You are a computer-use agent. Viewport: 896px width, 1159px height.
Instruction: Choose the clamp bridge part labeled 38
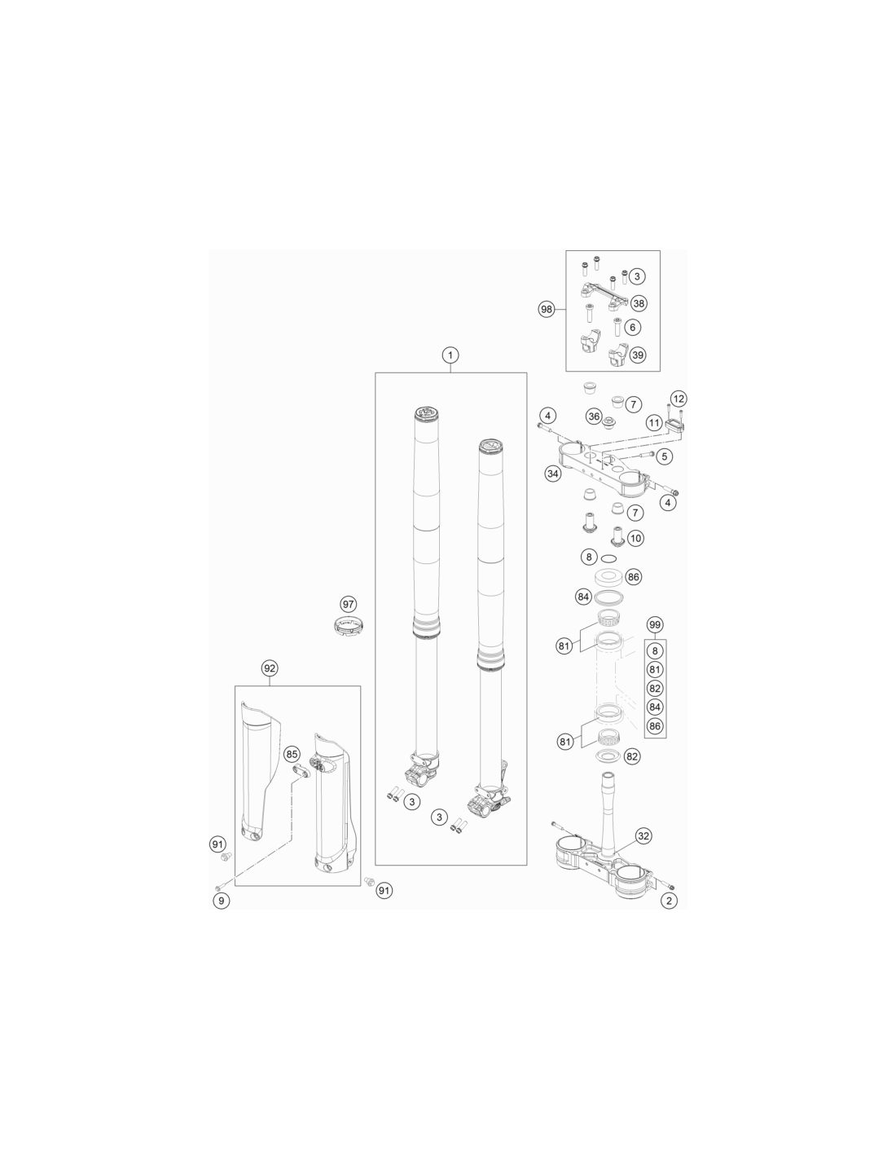coord(604,297)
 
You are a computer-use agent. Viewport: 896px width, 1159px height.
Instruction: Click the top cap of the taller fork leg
coord(428,412)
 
